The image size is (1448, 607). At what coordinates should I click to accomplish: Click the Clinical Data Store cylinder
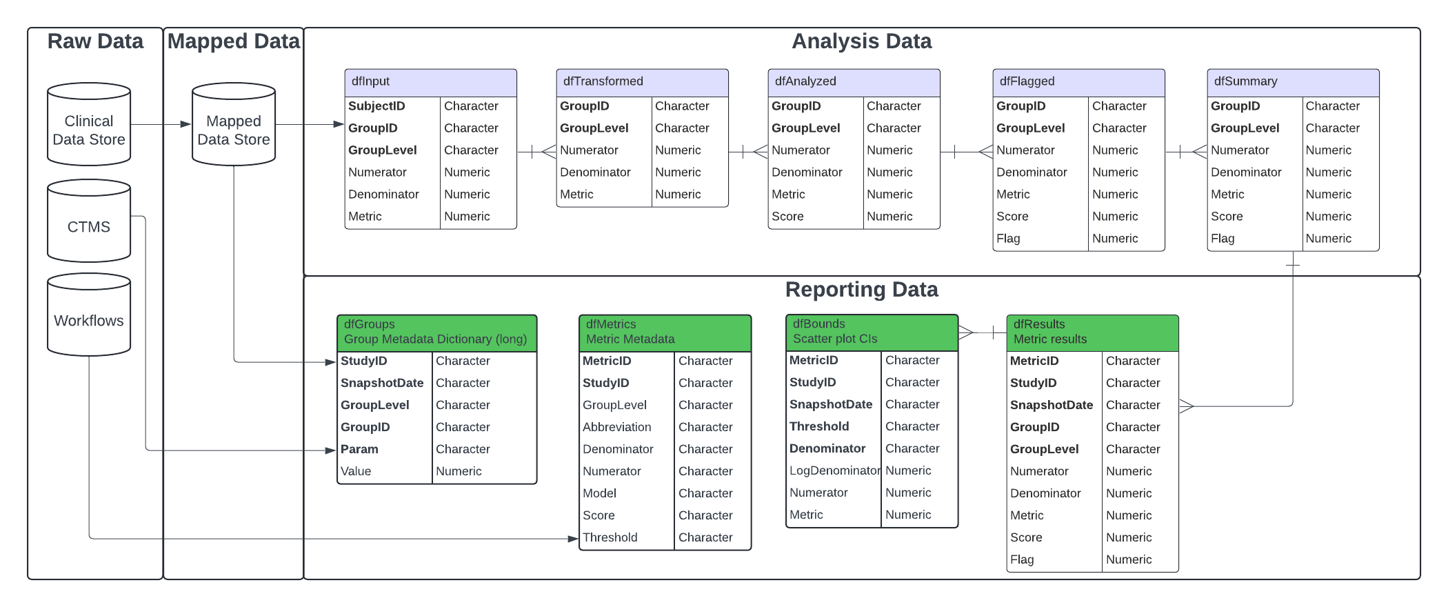coord(89,124)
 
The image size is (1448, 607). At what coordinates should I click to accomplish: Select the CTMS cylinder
coord(89,221)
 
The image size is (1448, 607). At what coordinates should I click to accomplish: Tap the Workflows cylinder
coord(89,315)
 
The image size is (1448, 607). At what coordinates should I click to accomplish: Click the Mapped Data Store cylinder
coord(234,124)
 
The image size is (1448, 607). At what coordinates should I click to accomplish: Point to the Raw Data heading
coord(95,41)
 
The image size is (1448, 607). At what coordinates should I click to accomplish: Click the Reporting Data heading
coord(861,290)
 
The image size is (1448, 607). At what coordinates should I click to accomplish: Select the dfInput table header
coord(431,82)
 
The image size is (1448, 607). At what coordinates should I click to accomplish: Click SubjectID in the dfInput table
coord(376,106)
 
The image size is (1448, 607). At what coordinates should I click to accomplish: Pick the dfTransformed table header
coord(643,82)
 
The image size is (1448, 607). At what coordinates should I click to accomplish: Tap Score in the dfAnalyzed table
coord(787,217)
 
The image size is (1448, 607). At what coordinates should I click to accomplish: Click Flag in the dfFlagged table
coord(1008,239)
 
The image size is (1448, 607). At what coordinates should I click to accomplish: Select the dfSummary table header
coord(1294,82)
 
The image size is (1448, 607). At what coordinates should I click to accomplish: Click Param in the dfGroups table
coord(359,449)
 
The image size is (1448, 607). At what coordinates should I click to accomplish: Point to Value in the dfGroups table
coord(356,471)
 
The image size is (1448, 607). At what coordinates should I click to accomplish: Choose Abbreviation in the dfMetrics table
coord(617,427)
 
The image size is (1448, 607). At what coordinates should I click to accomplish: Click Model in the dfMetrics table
coord(600,493)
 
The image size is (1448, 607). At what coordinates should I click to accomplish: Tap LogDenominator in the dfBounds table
coord(835,470)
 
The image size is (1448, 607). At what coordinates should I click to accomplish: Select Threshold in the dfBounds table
coord(819,426)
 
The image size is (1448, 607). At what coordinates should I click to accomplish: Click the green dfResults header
coord(1093,332)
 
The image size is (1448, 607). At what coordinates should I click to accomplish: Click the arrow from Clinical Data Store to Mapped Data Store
coord(161,124)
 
